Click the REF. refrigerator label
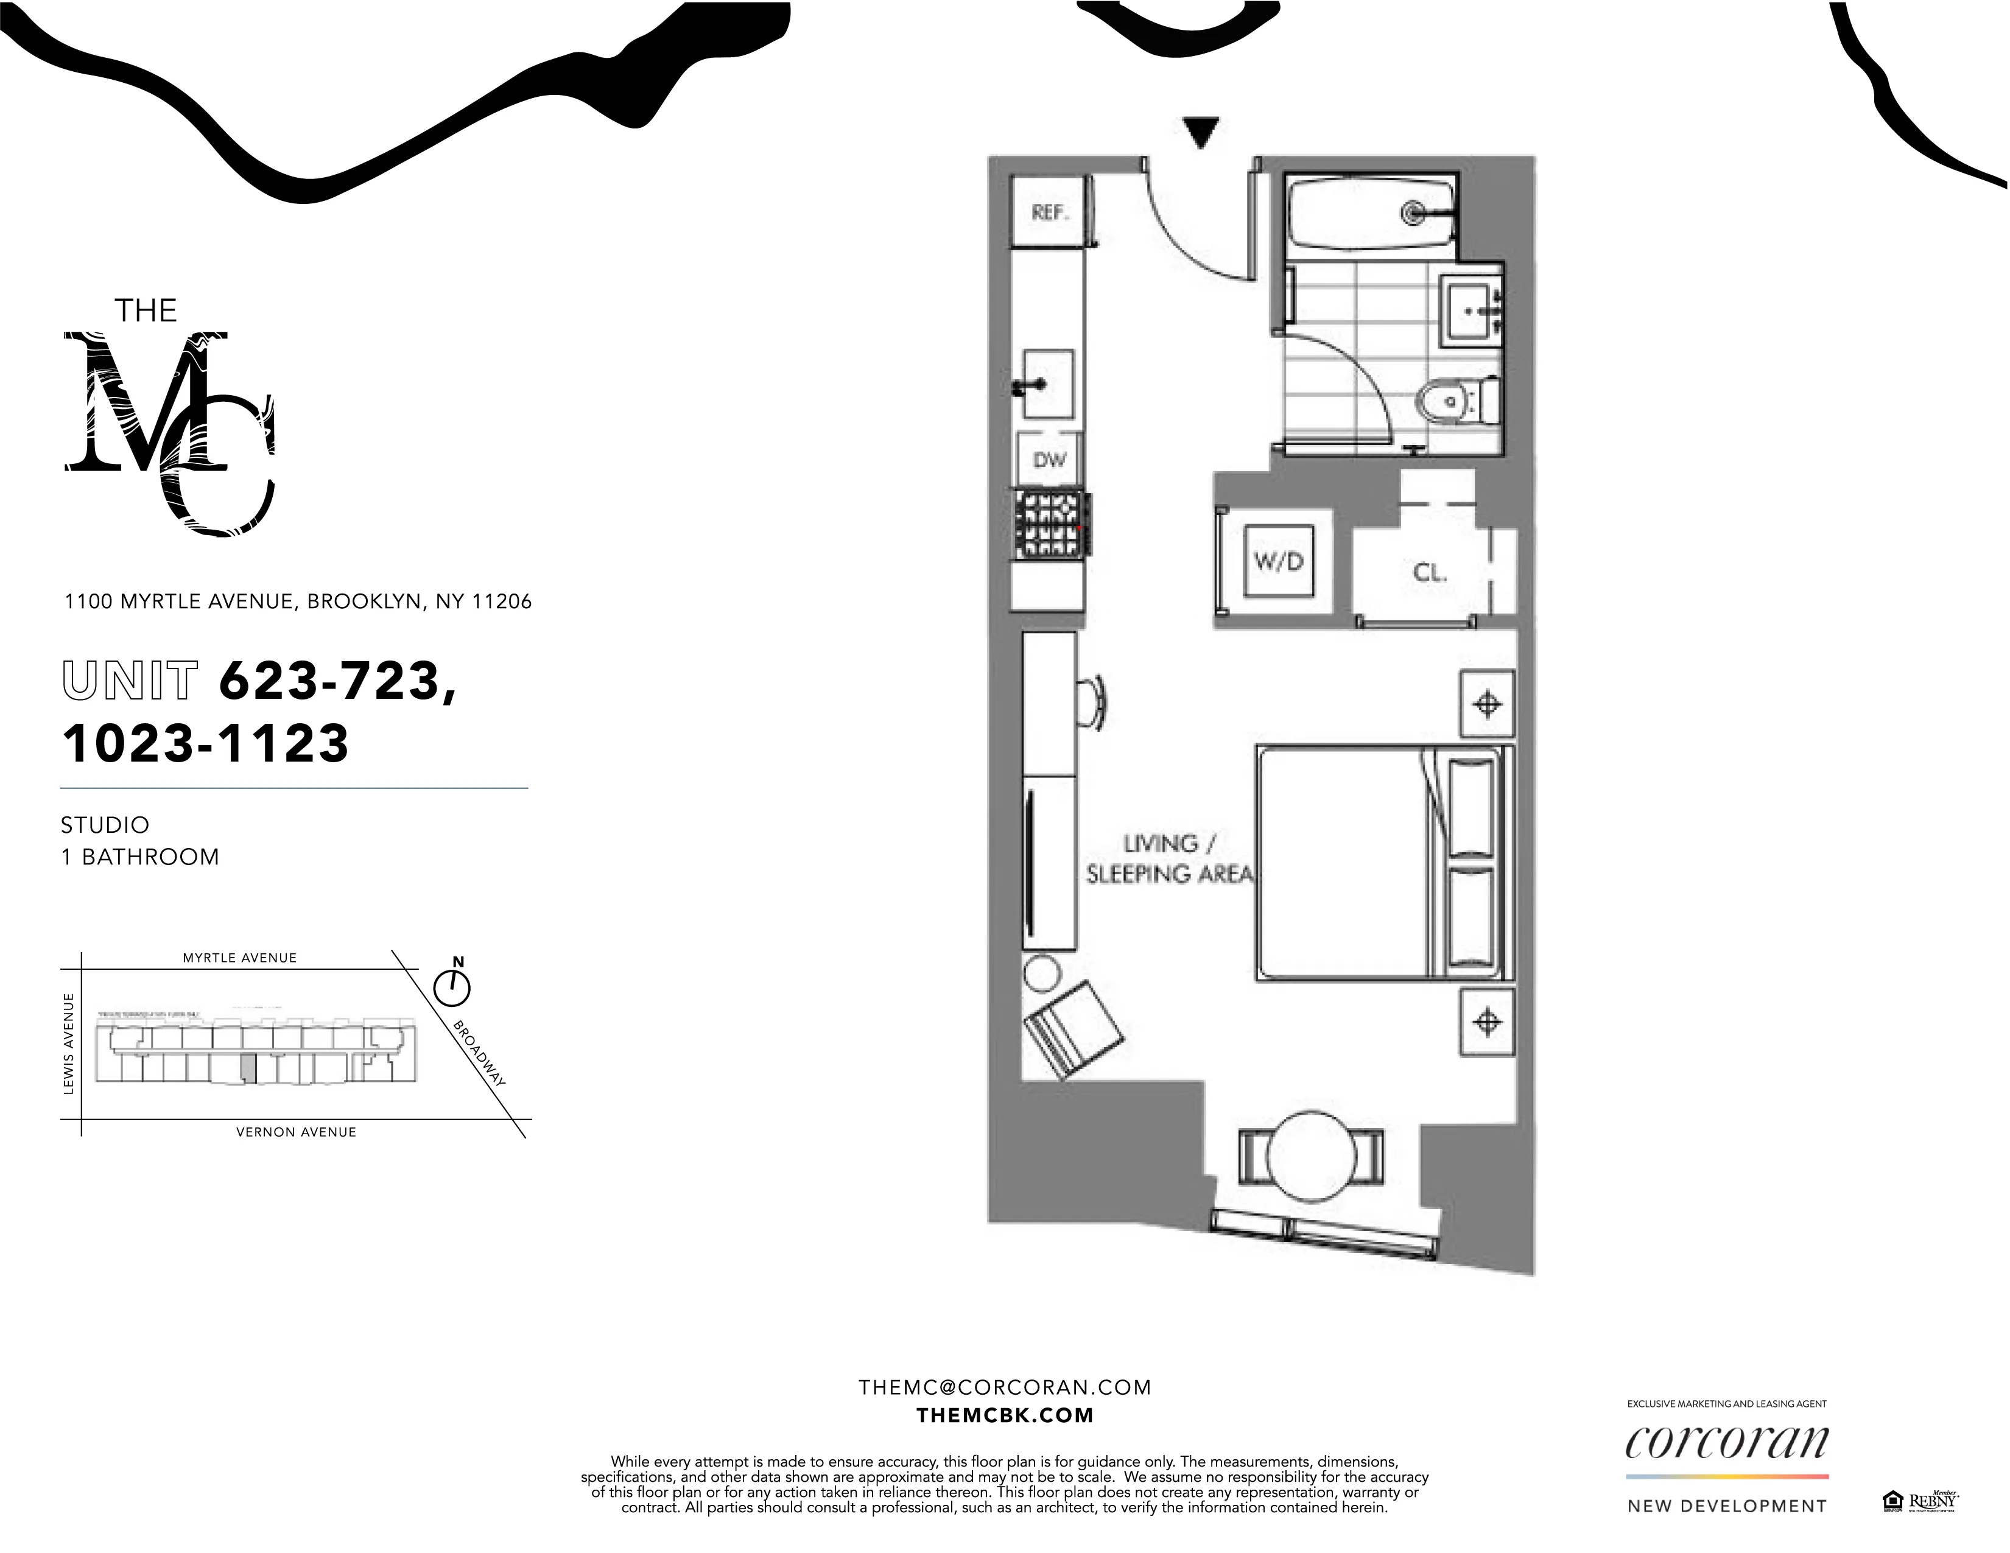[x=1049, y=212]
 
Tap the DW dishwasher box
[x=1049, y=459]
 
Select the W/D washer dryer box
[x=1278, y=560]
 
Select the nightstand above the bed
[x=1487, y=704]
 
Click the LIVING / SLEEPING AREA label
[x=1169, y=858]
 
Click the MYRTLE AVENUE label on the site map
[x=239, y=958]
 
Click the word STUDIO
[x=105, y=826]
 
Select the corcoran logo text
[x=1726, y=1443]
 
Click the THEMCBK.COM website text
[x=1005, y=1416]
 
